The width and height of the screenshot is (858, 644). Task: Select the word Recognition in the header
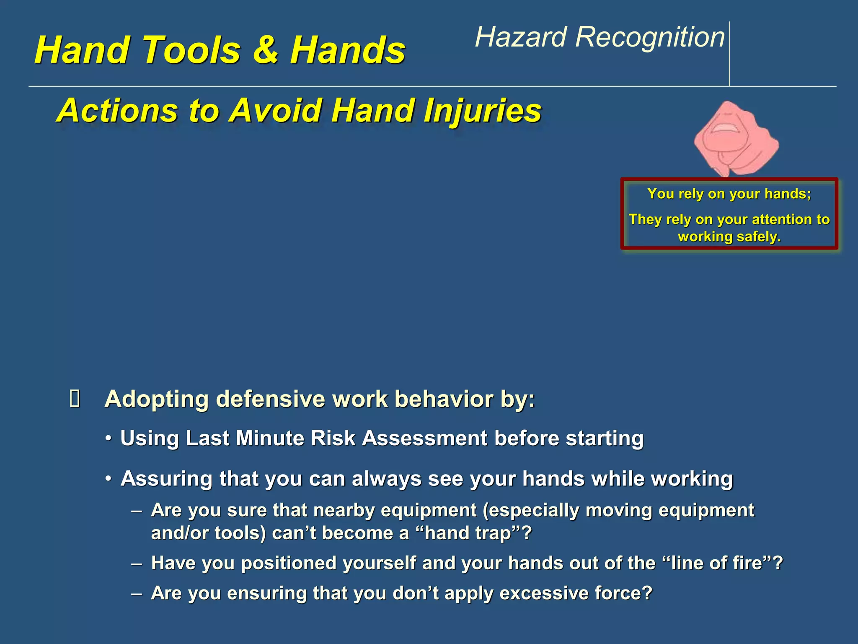(650, 38)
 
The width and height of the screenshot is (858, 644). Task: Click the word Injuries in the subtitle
(483, 111)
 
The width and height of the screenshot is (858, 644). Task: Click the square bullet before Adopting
(75, 399)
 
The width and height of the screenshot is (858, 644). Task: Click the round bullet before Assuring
(109, 479)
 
